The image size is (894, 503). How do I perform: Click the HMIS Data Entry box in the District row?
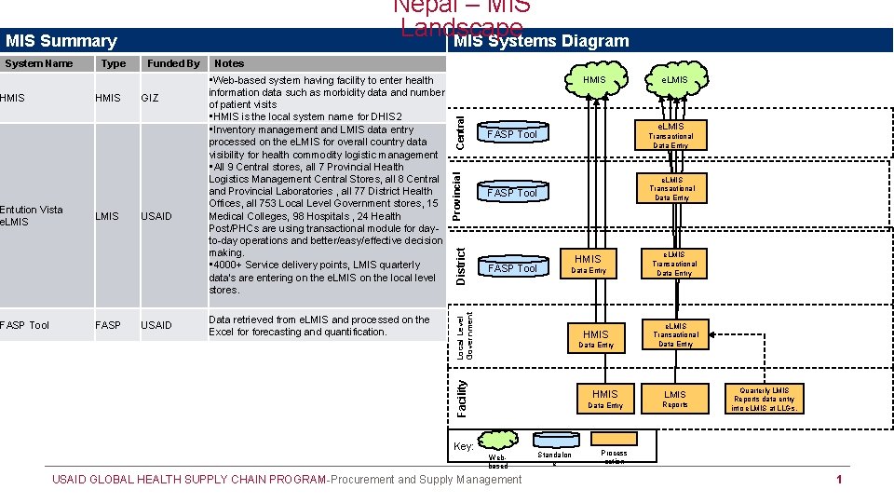(588, 264)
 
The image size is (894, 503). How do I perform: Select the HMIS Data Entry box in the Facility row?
(604, 399)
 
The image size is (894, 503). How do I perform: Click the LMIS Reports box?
(675, 399)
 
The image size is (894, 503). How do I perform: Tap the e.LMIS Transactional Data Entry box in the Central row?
(671, 135)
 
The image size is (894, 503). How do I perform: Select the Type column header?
(114, 63)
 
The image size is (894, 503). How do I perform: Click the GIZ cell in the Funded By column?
(150, 98)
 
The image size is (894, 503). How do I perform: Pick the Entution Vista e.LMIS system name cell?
(32, 215)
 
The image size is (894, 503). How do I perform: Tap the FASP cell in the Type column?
(107, 325)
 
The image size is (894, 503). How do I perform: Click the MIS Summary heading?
(61, 41)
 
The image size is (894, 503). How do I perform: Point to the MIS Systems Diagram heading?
(541, 41)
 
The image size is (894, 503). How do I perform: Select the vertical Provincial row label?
(456, 194)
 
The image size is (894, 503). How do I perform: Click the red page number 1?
(839, 480)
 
